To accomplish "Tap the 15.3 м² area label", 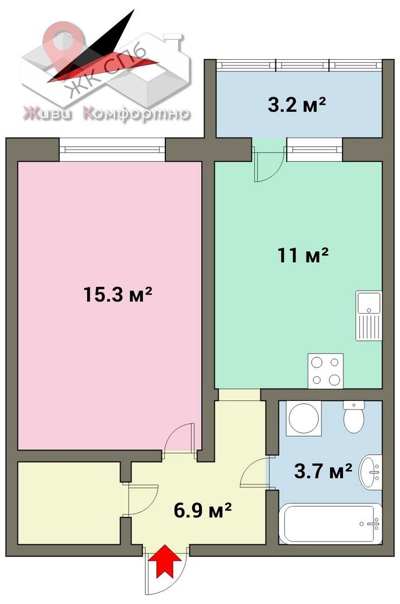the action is [118, 295].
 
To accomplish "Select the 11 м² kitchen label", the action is [303, 255].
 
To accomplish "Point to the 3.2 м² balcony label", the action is [297, 104].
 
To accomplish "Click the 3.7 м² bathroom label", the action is [323, 471].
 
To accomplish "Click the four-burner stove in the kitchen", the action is [325, 371].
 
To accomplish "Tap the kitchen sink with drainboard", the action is [369, 315].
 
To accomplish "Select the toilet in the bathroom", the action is [354, 416].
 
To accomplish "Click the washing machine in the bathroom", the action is [303, 418].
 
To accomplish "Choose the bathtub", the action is [330, 523].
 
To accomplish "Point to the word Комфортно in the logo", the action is [137, 114].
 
